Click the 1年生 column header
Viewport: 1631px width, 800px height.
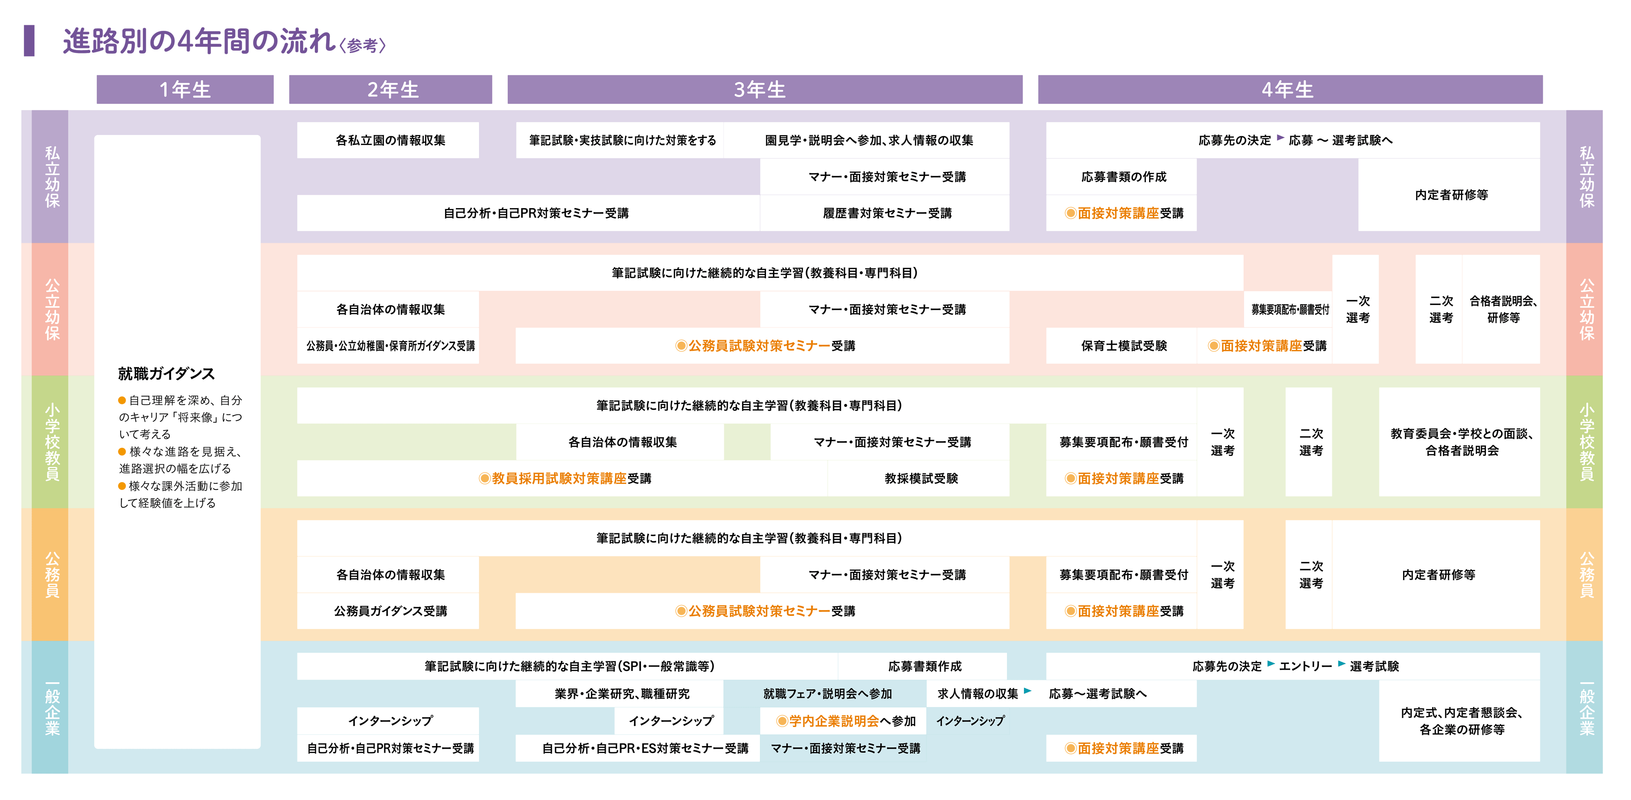[185, 89]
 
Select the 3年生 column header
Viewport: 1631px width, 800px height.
[764, 89]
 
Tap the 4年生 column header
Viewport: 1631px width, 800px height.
[1290, 89]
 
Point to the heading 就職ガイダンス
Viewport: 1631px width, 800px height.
[166, 374]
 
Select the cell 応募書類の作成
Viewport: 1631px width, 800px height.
[1123, 177]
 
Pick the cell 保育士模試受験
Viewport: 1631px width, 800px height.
[1123, 346]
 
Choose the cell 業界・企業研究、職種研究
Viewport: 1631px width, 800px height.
[622, 694]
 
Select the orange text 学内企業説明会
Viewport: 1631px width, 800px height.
[834, 721]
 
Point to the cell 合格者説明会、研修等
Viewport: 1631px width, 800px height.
[1502, 309]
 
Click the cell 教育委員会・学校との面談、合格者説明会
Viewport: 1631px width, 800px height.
[1461, 442]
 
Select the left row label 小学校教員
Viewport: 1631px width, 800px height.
[52, 442]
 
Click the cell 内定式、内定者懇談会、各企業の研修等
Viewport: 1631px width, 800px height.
[1461, 721]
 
